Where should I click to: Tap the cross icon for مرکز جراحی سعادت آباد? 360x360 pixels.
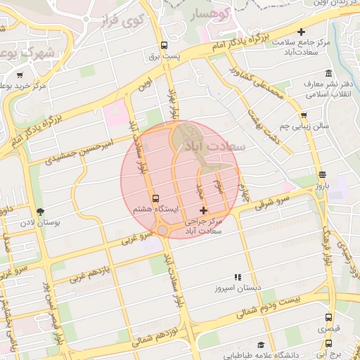pyautogui.click(x=204, y=210)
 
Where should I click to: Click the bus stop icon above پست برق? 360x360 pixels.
pyautogui.click(x=164, y=44)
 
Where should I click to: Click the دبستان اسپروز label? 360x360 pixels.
pyautogui.click(x=238, y=288)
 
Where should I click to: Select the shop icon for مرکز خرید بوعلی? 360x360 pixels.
pyautogui.click(x=20, y=75)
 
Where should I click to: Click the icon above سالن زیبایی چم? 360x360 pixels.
pyautogui.click(x=303, y=115)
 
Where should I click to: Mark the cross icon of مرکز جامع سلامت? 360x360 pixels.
pyautogui.click(x=302, y=32)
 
